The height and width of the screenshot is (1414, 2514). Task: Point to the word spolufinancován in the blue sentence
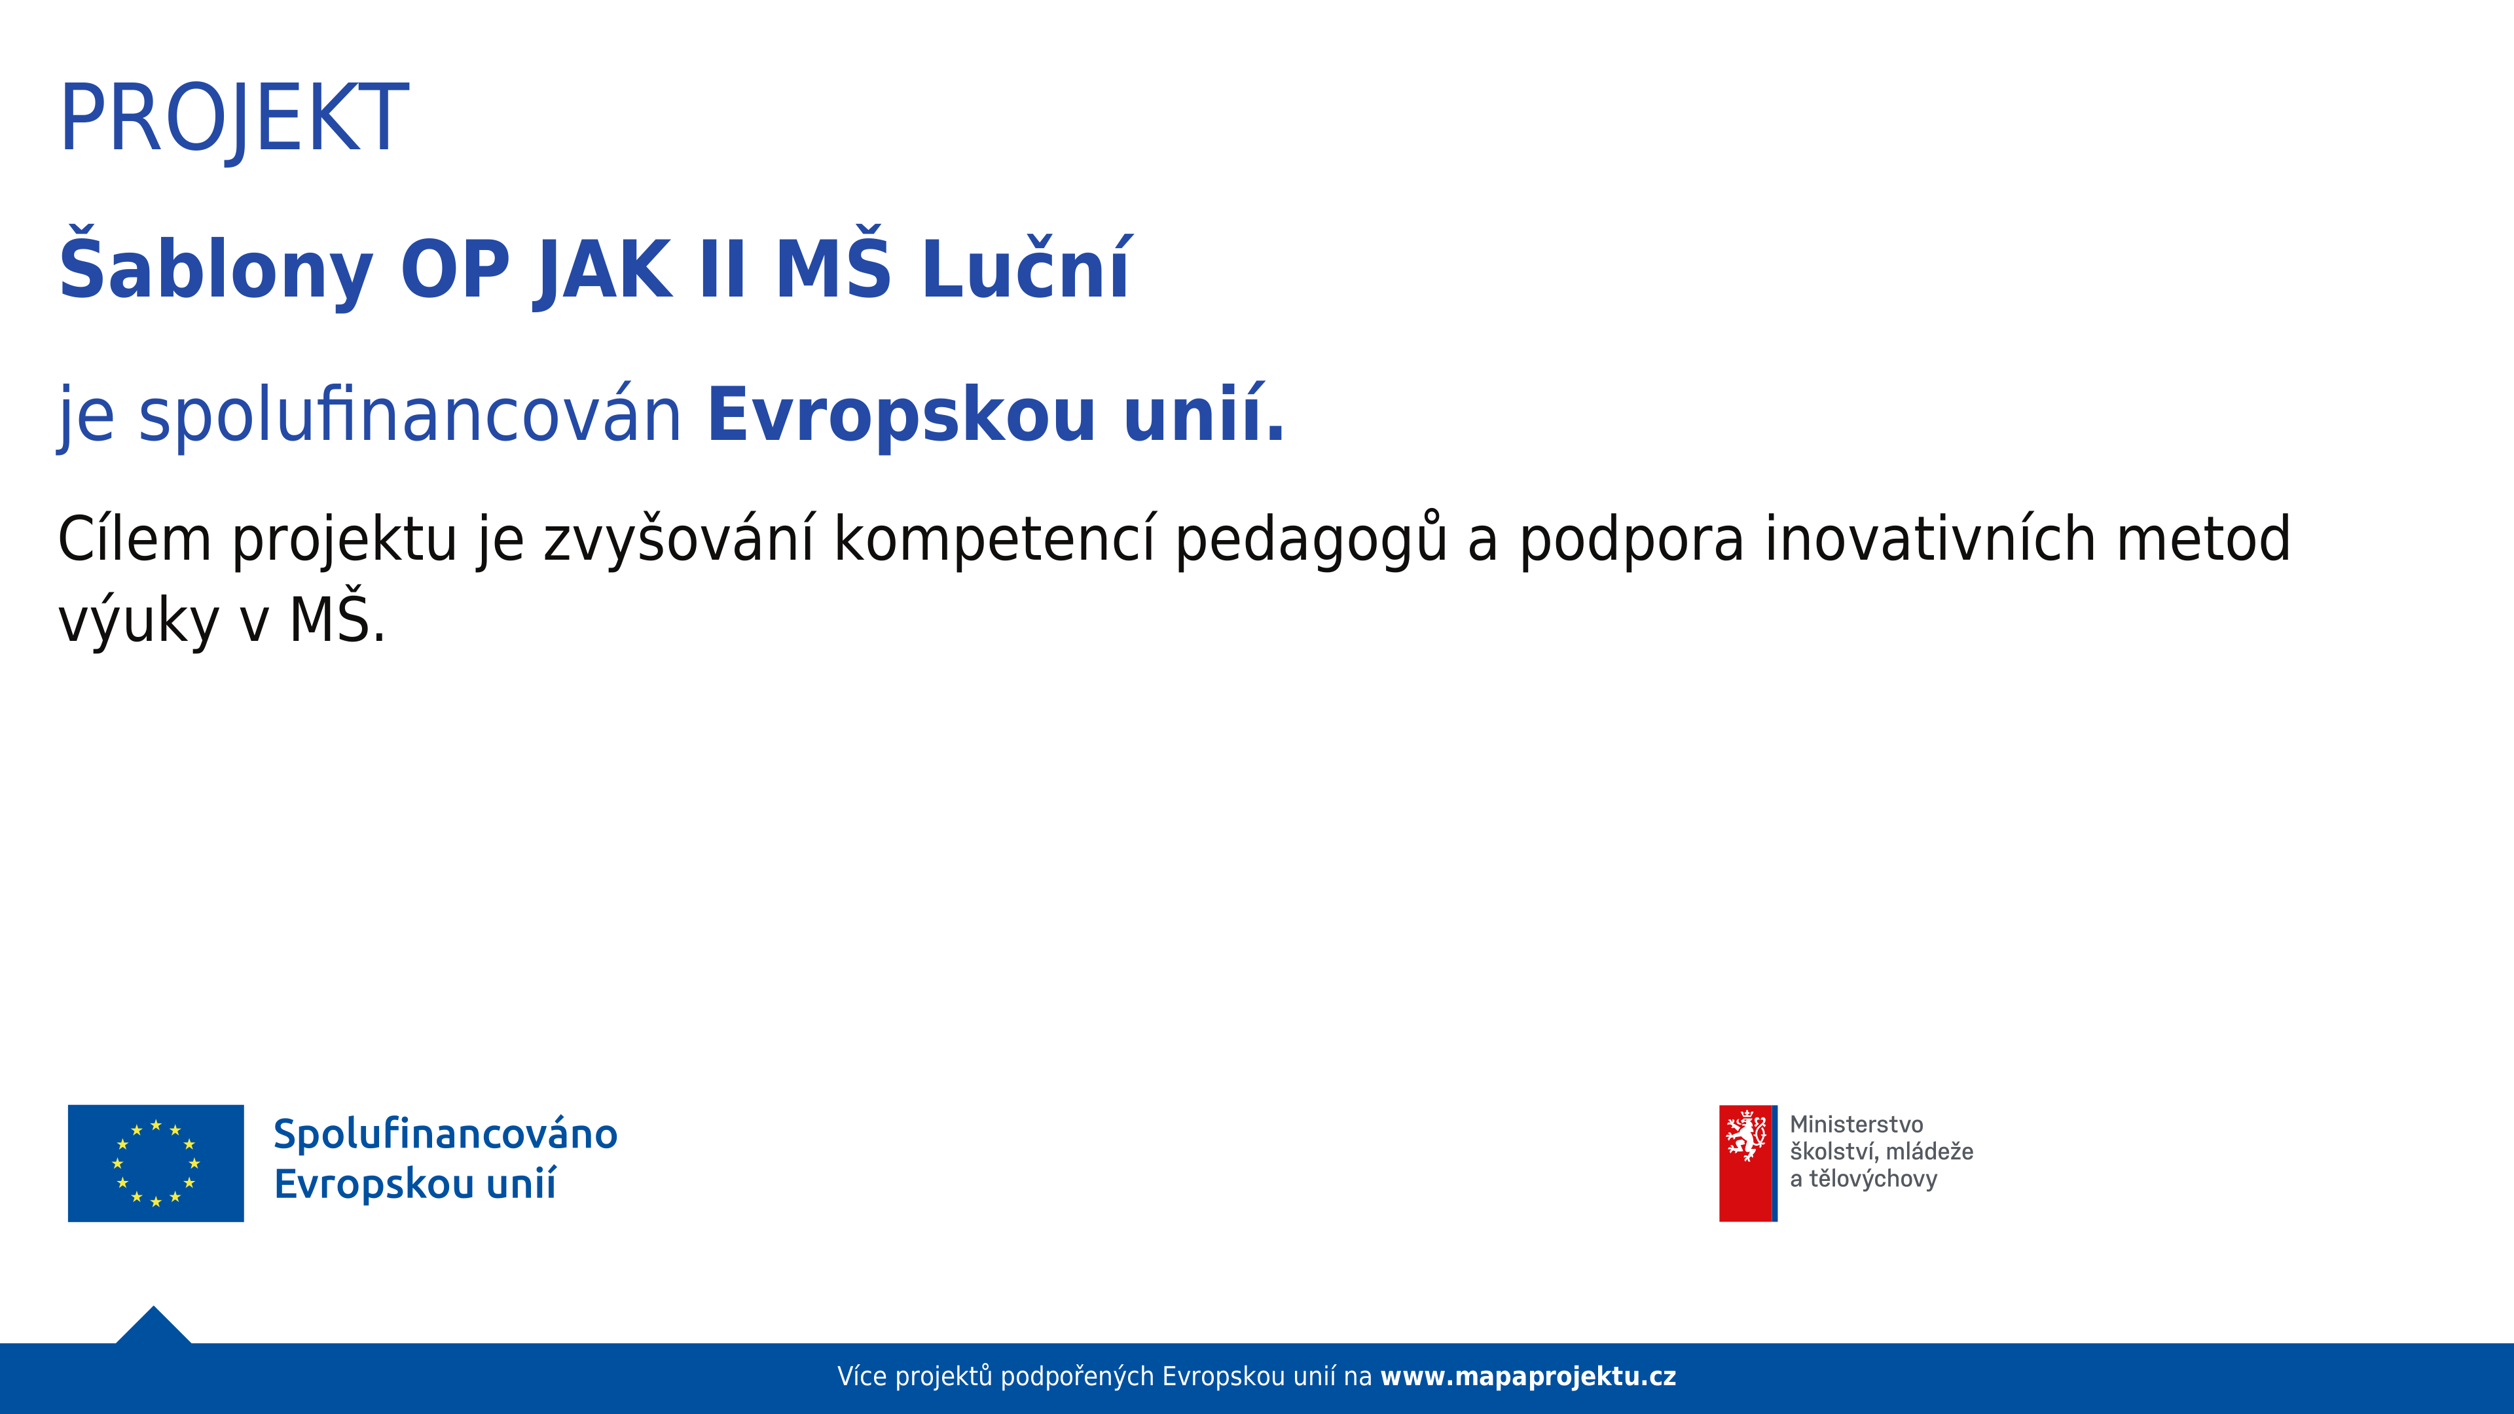[410, 416]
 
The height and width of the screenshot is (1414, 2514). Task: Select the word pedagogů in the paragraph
[1311, 539]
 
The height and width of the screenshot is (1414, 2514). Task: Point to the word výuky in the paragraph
[139, 620]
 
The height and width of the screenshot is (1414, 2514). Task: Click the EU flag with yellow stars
[156, 1163]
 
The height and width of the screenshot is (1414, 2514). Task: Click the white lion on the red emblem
[1746, 1136]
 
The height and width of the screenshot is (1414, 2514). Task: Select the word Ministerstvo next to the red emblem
[1856, 1124]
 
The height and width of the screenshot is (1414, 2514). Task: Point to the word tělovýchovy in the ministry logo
[1873, 1179]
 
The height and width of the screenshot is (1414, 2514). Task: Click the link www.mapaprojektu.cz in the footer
[1528, 1377]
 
